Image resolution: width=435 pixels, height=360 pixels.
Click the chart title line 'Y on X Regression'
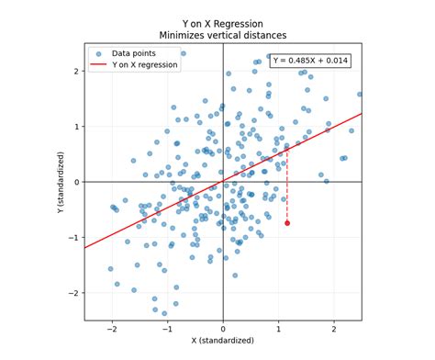223,24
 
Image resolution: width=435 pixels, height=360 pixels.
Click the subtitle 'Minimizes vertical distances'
223,36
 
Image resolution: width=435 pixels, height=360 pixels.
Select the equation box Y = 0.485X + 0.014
310,61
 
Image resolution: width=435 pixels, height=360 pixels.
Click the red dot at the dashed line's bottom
287,223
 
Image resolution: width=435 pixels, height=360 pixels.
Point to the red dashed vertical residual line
287,188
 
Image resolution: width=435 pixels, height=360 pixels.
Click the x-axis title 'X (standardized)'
223,341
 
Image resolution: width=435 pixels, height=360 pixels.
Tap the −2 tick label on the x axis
111,327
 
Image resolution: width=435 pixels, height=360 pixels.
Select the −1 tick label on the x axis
166,327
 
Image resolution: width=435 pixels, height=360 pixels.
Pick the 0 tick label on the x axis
223,327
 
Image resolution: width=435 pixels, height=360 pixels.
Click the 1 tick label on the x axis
278,327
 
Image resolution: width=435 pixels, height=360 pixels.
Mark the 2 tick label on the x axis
334,327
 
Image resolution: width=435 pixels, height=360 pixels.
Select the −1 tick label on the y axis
74,238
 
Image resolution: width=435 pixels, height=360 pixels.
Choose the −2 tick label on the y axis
74,293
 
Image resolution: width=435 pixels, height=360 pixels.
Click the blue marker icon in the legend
99,53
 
